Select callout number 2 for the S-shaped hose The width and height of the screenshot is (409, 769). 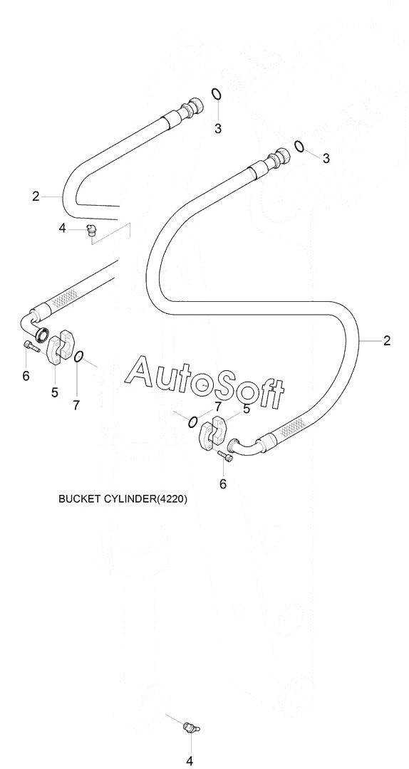coord(387,340)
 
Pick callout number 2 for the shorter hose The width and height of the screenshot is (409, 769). coord(36,197)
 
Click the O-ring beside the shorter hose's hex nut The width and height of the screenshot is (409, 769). coord(217,94)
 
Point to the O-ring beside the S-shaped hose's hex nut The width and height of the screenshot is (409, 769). coord(299,146)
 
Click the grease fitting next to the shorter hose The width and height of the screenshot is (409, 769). coord(91,229)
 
